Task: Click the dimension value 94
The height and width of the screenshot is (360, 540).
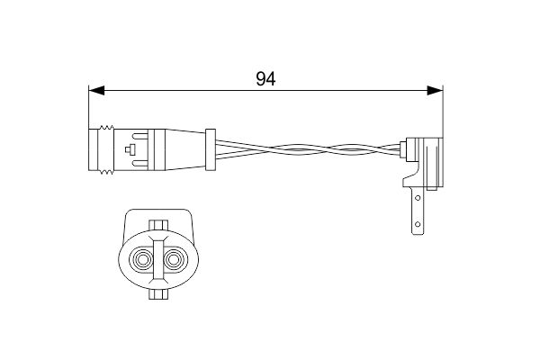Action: pyautogui.click(x=265, y=78)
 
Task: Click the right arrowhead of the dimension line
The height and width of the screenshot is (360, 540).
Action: pyautogui.click(x=435, y=90)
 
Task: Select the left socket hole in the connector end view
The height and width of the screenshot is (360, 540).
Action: pyautogui.click(x=142, y=261)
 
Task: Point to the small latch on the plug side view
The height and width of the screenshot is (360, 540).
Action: pyautogui.click(x=132, y=150)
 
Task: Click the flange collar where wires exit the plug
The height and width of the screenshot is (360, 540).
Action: pyautogui.click(x=211, y=149)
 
